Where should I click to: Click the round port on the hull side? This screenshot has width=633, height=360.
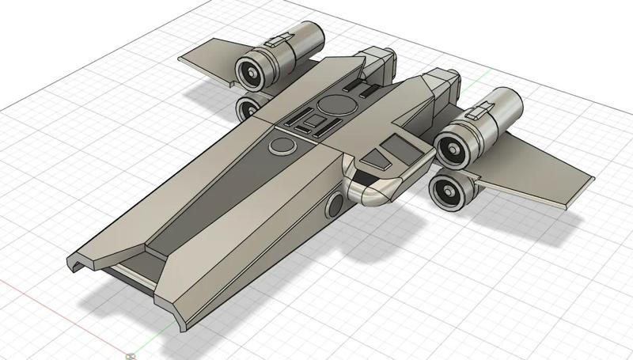click(335, 207)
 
